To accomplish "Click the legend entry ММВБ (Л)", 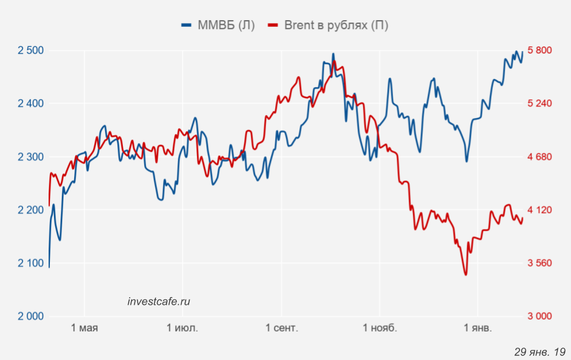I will pos(218,25).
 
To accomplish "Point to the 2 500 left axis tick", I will pos(31,50).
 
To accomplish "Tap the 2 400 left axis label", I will pos(31,104).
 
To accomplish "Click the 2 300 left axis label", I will pos(31,157).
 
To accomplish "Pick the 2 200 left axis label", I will pos(31,210).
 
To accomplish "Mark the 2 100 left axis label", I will pos(31,263).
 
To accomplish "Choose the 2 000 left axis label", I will pos(31,316).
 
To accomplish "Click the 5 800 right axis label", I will pos(540,50).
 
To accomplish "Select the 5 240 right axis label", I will pos(540,104).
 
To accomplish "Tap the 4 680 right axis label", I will pos(540,157).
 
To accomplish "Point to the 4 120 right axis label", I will pos(540,210).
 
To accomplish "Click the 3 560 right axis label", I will pos(540,263).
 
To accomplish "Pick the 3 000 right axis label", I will pos(540,316).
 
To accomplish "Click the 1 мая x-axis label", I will pos(84,328).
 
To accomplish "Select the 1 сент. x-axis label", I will pos(282,328).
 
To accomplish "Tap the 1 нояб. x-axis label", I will pos(379,328).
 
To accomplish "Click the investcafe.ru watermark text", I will pos(159,301).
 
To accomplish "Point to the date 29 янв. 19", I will pos(540,352).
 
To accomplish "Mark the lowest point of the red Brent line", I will pos(465,275).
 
